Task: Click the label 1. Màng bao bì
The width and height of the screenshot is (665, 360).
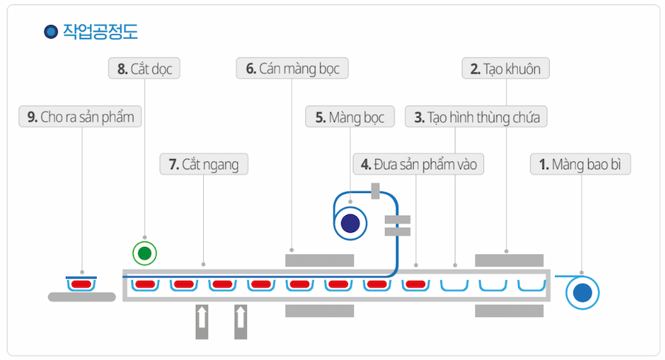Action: click(580, 164)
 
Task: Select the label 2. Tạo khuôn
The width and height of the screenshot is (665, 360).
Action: click(505, 69)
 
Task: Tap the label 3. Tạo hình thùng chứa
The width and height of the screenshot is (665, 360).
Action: click(477, 117)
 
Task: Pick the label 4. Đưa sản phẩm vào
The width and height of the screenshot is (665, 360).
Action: click(418, 164)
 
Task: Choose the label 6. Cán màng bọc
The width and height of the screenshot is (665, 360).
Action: click(293, 69)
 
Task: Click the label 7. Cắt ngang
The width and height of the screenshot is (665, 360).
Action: click(204, 164)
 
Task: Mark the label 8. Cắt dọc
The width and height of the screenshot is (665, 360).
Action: click(144, 69)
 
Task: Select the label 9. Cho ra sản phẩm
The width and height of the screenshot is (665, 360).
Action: click(81, 117)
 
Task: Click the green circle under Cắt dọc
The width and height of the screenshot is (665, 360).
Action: click(144, 254)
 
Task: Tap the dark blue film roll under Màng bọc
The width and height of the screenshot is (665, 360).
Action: click(350, 223)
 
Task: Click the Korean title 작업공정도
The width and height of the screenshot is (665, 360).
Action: click(100, 31)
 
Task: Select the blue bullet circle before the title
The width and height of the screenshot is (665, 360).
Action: click(51, 31)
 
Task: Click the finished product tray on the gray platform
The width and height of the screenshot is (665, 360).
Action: click(81, 283)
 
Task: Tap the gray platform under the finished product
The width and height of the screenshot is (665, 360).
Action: click(81, 297)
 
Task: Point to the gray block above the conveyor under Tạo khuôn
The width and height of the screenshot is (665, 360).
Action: click(509, 260)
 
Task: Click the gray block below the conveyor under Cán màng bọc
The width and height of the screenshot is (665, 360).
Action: click(319, 311)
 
